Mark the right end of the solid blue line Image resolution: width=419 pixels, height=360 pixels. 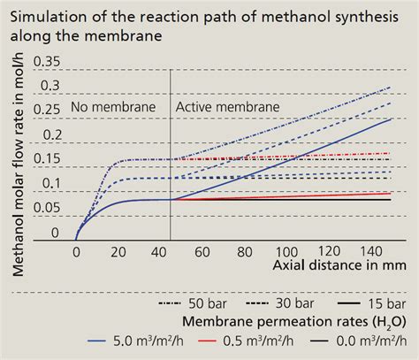coord(392,119)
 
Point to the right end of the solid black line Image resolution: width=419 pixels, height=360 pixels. coord(392,199)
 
